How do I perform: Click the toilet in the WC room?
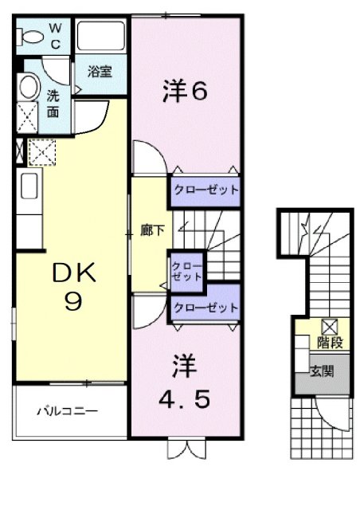point(33,35)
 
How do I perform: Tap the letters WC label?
point(55,35)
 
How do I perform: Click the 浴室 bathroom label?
point(100,72)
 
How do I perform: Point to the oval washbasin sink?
point(30,88)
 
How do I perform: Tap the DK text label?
point(74,275)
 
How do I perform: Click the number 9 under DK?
point(73,304)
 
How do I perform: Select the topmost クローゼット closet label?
point(205,190)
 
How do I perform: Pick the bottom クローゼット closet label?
point(205,307)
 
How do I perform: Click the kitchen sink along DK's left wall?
point(24,190)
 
